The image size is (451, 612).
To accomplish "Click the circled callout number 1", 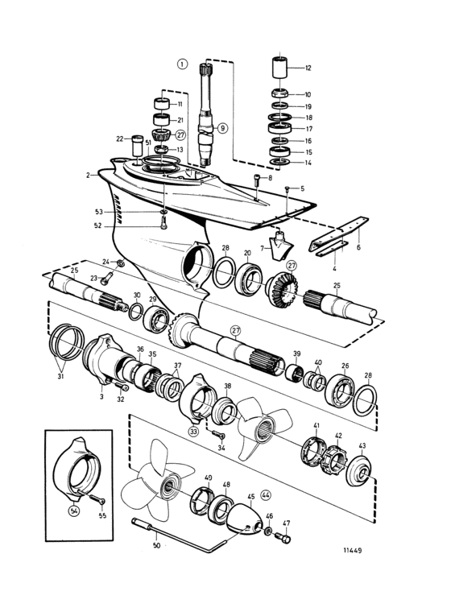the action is [x=182, y=64].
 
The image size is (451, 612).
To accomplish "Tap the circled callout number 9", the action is [x=222, y=127].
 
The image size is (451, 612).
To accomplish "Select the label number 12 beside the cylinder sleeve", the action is [x=308, y=68].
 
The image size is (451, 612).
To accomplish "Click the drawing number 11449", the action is [x=352, y=550].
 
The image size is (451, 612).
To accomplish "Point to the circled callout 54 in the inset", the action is [x=74, y=510].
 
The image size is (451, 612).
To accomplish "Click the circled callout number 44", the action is [x=266, y=495].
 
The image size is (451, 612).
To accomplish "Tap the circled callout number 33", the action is [x=193, y=432].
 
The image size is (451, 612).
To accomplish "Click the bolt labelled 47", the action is [x=283, y=539].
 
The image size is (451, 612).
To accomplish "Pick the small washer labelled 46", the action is [x=268, y=531].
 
